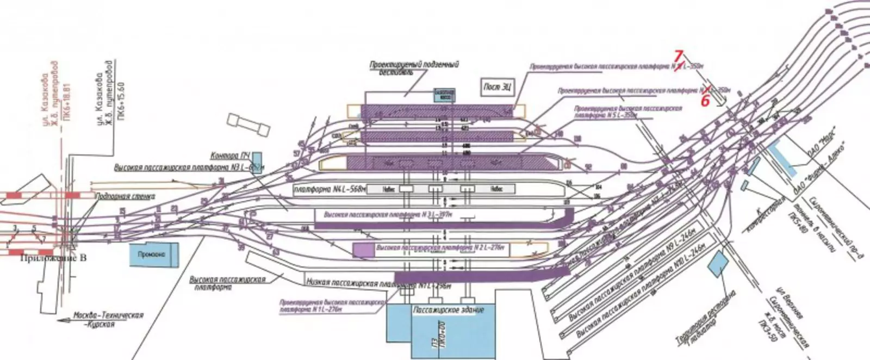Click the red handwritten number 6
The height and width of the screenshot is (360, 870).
coord(705,100)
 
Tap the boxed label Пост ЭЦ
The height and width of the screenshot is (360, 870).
coord(497,86)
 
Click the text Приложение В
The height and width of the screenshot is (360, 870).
coord(53,258)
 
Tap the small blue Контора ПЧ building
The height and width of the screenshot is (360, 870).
coord(257,157)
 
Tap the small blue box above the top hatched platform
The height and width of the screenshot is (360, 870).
coord(444,95)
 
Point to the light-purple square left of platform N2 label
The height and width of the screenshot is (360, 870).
coord(361,249)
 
